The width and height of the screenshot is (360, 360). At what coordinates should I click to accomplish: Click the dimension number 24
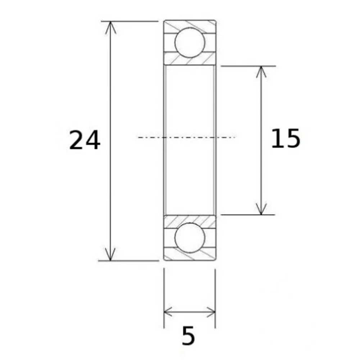tap(85, 140)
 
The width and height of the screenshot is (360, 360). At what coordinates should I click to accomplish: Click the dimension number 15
tap(285, 139)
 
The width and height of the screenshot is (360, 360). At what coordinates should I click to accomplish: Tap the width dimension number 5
tap(188, 336)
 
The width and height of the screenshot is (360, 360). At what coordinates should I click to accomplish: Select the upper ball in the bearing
tap(190, 42)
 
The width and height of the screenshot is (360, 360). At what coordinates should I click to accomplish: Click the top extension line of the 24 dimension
tap(129, 21)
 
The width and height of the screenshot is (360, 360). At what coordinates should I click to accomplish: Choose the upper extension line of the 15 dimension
tap(248, 66)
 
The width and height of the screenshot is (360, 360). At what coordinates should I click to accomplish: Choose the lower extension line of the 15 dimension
tap(248, 215)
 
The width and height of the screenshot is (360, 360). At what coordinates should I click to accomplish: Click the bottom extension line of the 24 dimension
tap(129, 260)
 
